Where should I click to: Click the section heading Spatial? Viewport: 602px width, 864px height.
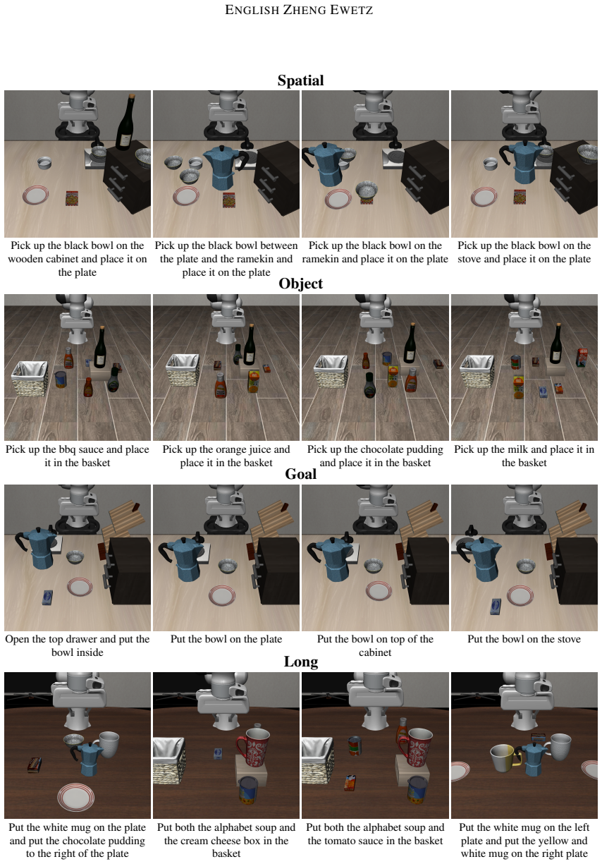[x=300, y=80]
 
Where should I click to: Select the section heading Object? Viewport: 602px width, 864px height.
[x=300, y=284]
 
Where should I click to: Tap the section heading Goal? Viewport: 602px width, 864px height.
[x=300, y=474]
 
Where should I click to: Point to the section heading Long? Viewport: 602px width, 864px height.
[x=300, y=661]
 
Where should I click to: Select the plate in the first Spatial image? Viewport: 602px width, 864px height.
[x=36, y=195]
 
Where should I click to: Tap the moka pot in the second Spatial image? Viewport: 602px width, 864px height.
[x=224, y=168]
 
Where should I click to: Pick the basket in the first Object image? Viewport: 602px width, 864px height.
[x=30, y=378]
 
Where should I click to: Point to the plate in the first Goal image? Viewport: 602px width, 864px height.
[x=80, y=587]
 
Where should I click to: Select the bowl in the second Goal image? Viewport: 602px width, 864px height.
[x=228, y=566]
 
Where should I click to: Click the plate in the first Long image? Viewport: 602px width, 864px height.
[x=76, y=796]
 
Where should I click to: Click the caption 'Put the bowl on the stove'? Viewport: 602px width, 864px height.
[x=524, y=639]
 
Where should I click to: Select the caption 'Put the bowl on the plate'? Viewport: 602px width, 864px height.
[x=226, y=639]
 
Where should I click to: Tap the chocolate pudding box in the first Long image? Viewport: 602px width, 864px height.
[x=35, y=765]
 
